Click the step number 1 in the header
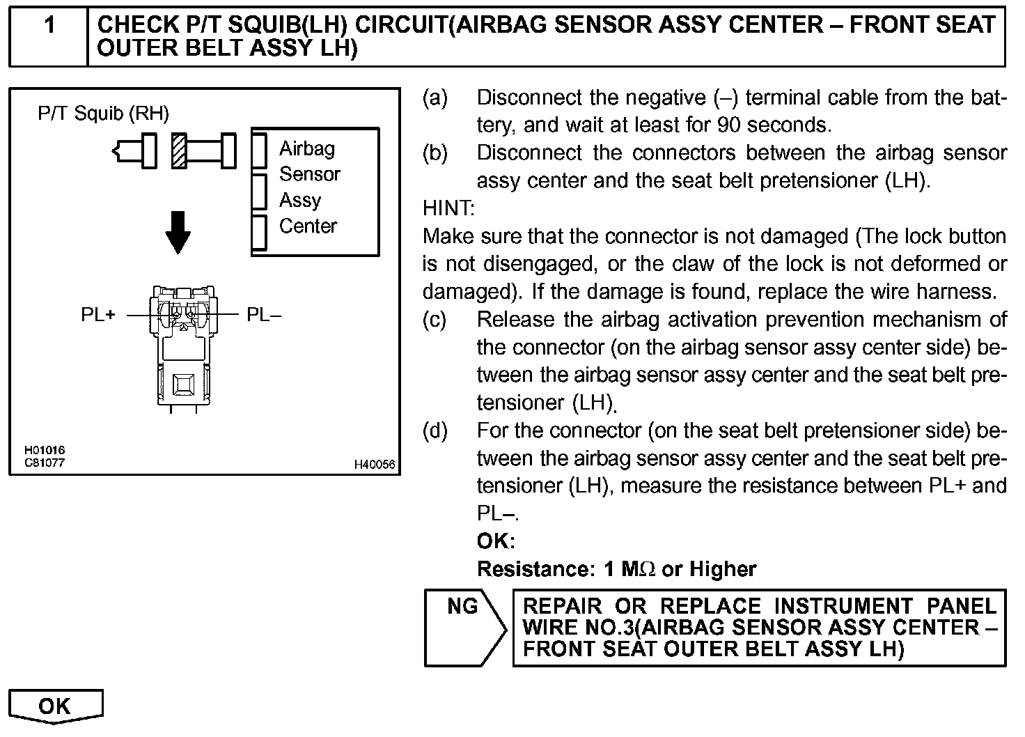point(49,26)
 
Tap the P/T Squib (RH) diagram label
point(103,114)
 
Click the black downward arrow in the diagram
point(179,232)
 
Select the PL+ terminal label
point(98,315)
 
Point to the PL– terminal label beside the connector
point(264,315)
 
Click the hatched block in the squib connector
point(179,150)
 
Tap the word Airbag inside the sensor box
point(306,148)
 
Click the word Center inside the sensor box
point(308,226)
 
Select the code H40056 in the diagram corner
point(374,465)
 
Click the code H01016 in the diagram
point(45,451)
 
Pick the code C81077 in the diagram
point(45,462)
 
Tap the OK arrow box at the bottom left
point(55,706)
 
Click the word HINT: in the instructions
point(449,208)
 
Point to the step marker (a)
point(435,98)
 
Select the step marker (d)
point(435,430)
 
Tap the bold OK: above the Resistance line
point(496,541)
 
